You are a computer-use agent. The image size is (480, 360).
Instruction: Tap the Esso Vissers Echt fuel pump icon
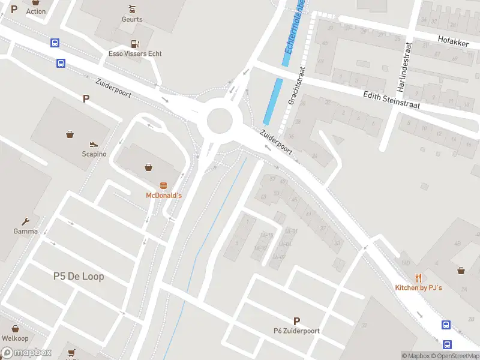tap(135, 43)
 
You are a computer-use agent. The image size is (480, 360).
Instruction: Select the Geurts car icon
tap(132, 9)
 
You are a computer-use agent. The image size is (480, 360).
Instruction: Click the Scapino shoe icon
tap(94, 144)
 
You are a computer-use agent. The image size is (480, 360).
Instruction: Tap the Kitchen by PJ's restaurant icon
tap(418, 278)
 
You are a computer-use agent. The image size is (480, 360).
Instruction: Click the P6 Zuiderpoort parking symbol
tap(296, 321)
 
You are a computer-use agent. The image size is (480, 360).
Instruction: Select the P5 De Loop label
tap(79, 277)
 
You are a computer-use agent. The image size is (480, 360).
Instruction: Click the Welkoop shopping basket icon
tap(15, 329)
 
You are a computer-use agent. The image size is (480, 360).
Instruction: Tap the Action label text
tap(36, 11)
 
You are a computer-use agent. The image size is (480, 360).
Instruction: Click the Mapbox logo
tap(26, 353)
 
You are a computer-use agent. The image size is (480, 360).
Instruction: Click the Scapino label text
tap(94, 154)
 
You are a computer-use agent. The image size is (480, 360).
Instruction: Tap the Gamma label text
tap(26, 232)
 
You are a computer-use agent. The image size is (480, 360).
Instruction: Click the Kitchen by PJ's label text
tap(418, 288)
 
